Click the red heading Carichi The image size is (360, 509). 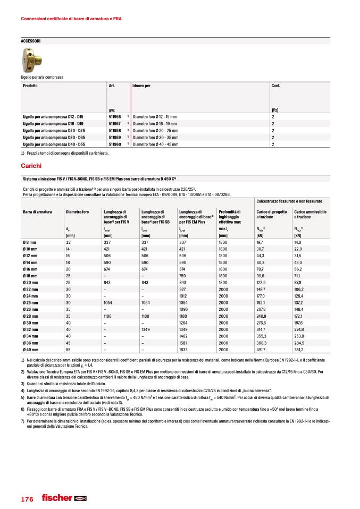(31, 166)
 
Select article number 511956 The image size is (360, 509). (114, 116)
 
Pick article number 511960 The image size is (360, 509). (114, 144)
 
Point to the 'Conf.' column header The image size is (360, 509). (277, 86)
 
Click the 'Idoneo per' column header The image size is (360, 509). (141, 86)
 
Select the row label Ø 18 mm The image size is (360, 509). (30, 276)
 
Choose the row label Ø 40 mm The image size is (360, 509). (30, 350)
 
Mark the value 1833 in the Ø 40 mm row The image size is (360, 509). (186, 350)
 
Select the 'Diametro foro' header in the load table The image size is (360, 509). (77, 211)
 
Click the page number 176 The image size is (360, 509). (27, 499)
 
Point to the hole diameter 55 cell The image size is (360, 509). (68, 350)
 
